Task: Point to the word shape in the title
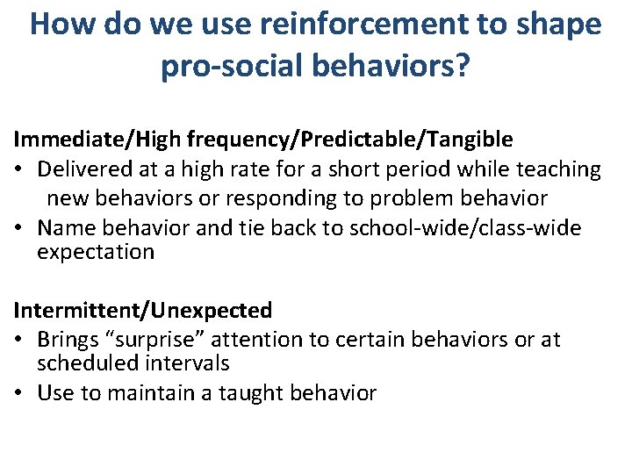coord(559,24)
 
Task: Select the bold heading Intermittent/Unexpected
coord(142,310)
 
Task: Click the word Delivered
coord(85,169)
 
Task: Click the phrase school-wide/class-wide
coord(465,228)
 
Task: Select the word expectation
coord(96,253)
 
